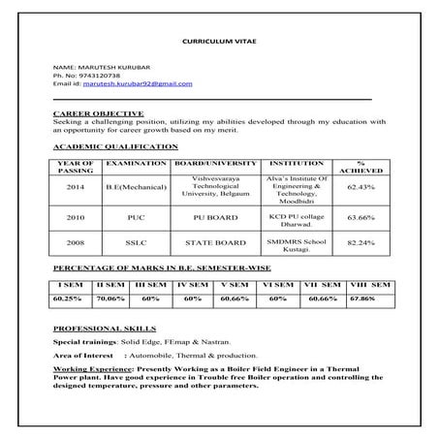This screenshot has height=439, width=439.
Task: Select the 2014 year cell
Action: pyautogui.click(x=76, y=186)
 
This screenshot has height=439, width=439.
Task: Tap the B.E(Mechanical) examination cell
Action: pyautogui.click(x=137, y=186)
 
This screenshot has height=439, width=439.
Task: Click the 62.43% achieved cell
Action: pyautogui.click(x=361, y=186)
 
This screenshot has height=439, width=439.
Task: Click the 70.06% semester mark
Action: pyautogui.click(x=112, y=299)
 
